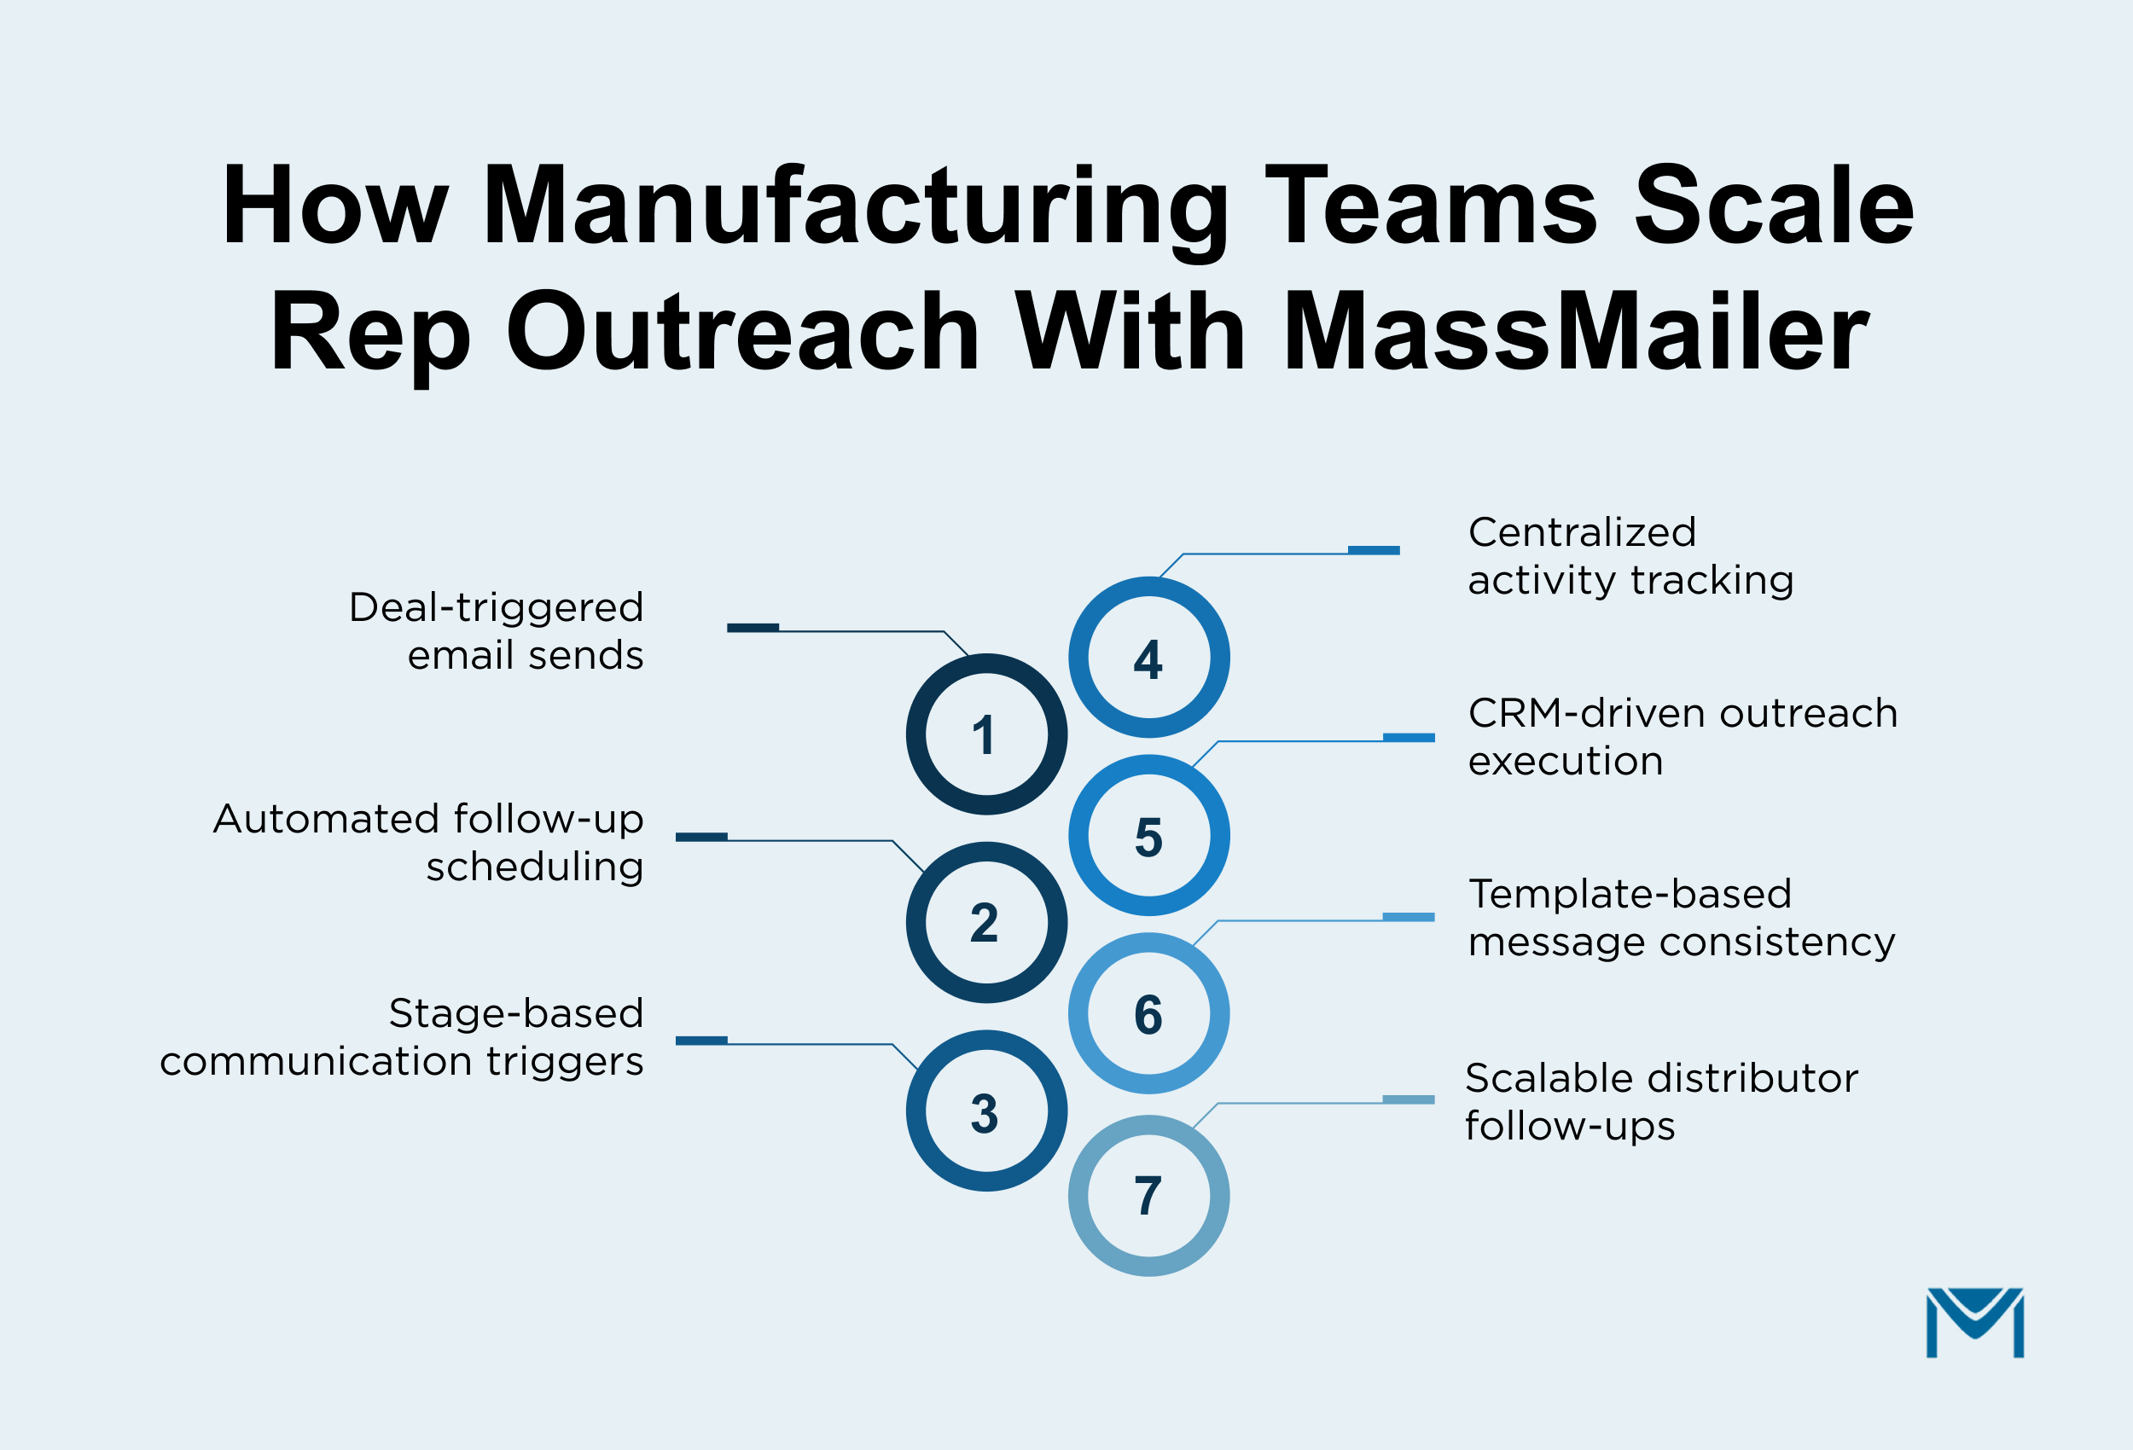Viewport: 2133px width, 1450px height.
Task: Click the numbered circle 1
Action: tap(985, 734)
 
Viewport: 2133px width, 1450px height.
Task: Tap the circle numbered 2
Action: tap(985, 922)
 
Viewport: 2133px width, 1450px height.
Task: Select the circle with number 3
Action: tap(985, 1111)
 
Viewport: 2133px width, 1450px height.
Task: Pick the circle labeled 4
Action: tap(1148, 657)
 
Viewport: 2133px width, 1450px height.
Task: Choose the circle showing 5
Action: tap(1148, 835)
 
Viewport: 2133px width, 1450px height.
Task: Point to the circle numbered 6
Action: tap(1148, 1013)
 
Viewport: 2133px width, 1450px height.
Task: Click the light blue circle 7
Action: tap(1148, 1196)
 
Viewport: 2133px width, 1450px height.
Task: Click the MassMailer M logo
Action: tap(1974, 1321)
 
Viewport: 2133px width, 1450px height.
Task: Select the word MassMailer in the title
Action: tap(1575, 332)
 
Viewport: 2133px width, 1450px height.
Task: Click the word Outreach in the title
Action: tap(742, 332)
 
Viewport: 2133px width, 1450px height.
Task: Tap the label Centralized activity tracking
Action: tap(1630, 556)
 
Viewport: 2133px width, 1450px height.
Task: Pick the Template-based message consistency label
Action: tap(1681, 918)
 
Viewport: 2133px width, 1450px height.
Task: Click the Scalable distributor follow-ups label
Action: tap(1660, 1101)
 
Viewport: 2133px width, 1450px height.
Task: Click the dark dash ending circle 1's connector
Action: tap(753, 628)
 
